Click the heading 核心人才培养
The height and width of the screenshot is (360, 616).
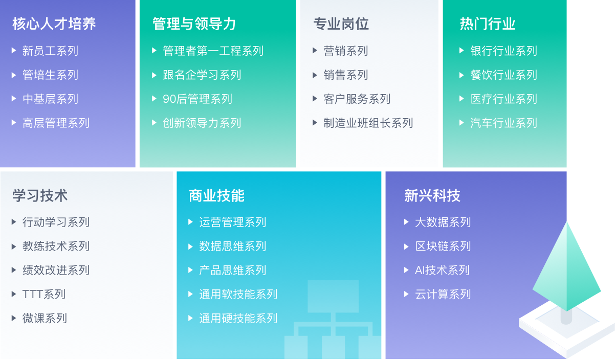click(54, 24)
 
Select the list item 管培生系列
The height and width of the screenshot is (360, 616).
click(50, 75)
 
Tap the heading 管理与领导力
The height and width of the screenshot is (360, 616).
click(194, 24)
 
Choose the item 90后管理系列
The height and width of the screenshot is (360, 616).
click(197, 99)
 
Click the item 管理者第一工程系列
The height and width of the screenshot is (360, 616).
click(213, 51)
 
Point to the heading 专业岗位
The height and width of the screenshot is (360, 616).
click(341, 24)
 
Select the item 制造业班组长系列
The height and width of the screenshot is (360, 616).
click(368, 123)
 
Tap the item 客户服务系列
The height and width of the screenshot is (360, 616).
click(357, 99)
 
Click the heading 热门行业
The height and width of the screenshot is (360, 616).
click(488, 24)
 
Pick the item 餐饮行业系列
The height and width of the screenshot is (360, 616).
click(504, 75)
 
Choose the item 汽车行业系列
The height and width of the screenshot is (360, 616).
click(504, 123)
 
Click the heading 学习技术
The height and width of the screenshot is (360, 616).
click(40, 196)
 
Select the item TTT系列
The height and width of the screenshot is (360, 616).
click(44, 295)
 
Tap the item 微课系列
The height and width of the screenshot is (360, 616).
click(45, 318)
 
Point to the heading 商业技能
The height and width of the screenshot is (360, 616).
click(217, 196)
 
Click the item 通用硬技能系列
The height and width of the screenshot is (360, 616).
click(238, 318)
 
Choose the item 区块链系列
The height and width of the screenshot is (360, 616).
click(443, 246)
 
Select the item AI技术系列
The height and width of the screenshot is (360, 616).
click(442, 270)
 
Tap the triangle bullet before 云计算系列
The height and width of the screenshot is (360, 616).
click(406, 294)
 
